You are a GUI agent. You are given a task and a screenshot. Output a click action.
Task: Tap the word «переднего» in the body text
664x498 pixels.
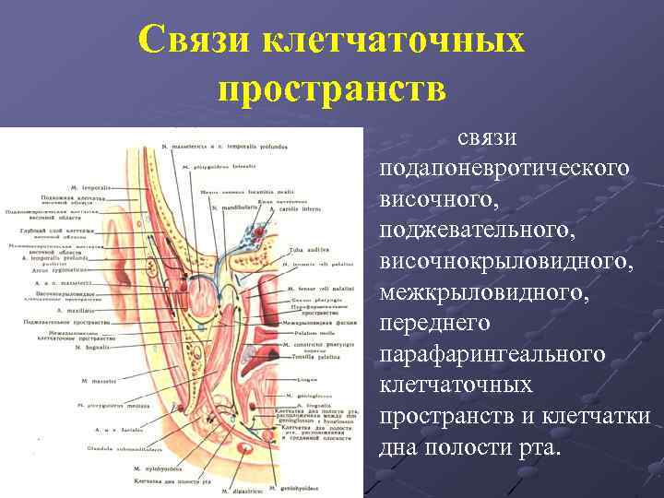[x=434, y=324]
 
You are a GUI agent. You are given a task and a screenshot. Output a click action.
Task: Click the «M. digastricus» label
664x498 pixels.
[x=245, y=490]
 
